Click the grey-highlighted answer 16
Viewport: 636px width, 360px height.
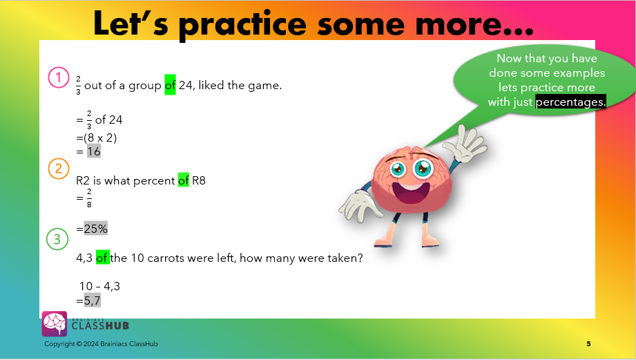pyautogui.click(x=94, y=151)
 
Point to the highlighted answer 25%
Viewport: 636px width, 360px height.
pyautogui.click(x=96, y=229)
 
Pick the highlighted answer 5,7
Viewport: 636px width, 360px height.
pyautogui.click(x=93, y=301)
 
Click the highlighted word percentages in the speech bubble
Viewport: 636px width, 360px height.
pyautogui.click(x=570, y=102)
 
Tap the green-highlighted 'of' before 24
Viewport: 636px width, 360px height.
pyautogui.click(x=170, y=85)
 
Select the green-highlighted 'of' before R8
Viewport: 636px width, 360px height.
pyautogui.click(x=183, y=180)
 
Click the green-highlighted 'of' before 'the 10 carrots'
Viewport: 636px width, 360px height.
pyautogui.click(x=103, y=257)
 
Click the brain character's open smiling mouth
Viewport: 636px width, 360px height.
pyautogui.click(x=411, y=194)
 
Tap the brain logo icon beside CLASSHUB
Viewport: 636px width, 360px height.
pyautogui.click(x=55, y=323)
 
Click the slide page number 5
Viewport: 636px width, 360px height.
pyautogui.click(x=588, y=344)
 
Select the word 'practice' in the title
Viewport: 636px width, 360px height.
pyautogui.click(x=242, y=24)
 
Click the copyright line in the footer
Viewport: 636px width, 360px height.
pyautogui.click(x=101, y=344)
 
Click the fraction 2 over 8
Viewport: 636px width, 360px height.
pyautogui.click(x=89, y=198)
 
